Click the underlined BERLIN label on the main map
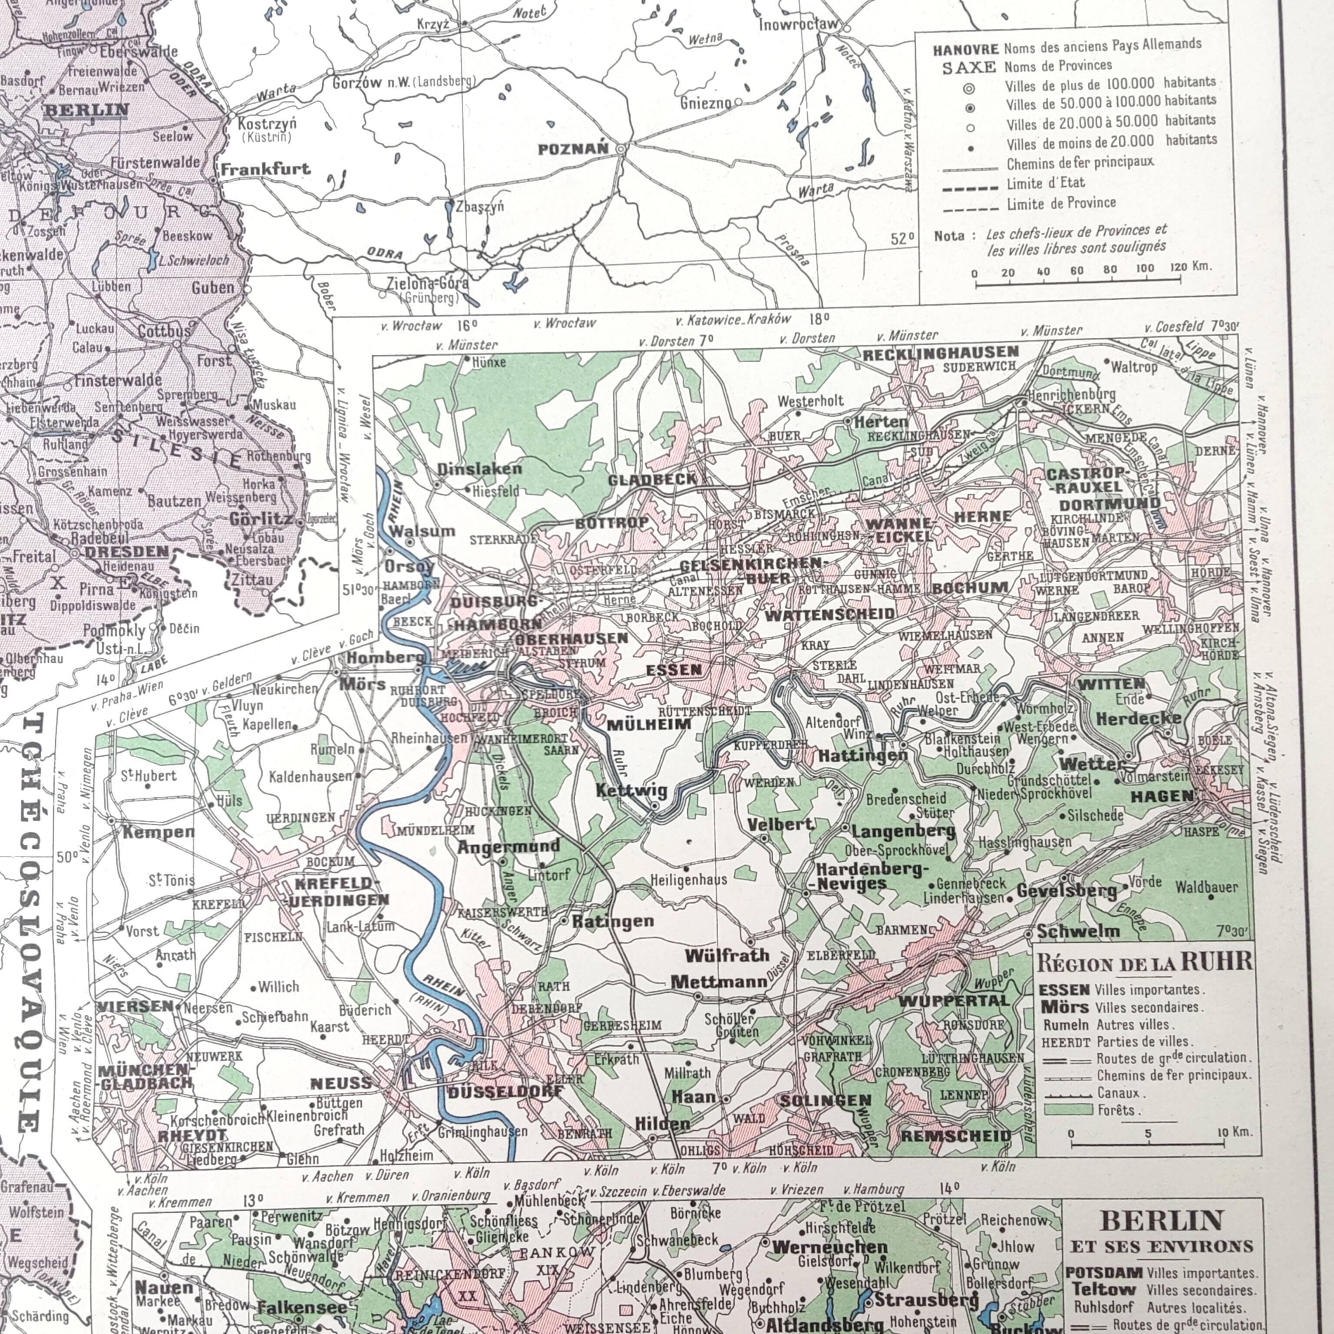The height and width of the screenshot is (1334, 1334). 86,110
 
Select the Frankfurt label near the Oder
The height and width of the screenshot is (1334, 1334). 266,168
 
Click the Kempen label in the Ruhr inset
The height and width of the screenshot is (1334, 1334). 158,832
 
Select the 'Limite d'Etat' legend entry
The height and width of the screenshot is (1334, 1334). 1045,183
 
